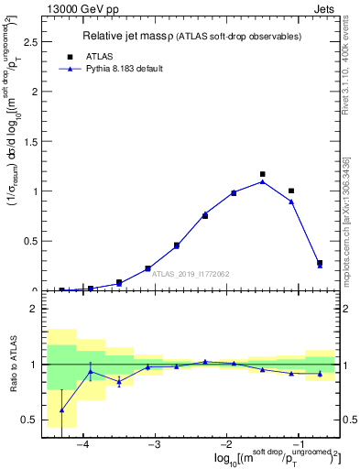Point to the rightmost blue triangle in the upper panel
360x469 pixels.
tap(320, 266)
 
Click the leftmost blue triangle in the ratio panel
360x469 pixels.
tap(61, 409)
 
